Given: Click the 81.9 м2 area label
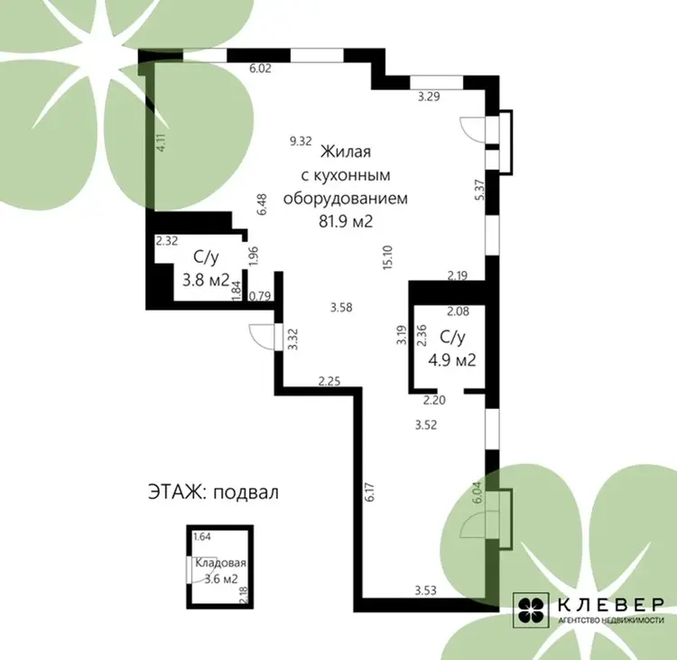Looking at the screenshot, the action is click(x=346, y=221).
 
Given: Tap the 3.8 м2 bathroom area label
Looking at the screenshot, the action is click(x=206, y=280).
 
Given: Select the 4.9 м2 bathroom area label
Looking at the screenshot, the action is click(x=451, y=359).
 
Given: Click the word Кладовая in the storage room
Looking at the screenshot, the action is click(x=220, y=563).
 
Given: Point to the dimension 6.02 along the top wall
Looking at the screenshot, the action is click(x=260, y=69).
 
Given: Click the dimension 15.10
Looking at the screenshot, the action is click(x=387, y=257).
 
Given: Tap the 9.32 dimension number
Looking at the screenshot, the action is click(x=301, y=141).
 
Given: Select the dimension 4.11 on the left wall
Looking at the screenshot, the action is click(x=161, y=142).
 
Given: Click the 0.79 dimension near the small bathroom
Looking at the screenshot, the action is click(x=260, y=296).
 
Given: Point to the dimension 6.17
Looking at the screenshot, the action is click(x=370, y=492).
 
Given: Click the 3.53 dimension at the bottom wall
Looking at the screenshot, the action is click(x=426, y=590).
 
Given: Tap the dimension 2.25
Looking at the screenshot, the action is click(x=329, y=381).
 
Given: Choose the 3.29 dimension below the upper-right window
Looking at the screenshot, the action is click(x=429, y=97).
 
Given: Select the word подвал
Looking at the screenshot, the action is click(x=246, y=493).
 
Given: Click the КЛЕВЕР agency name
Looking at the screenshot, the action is click(x=611, y=604).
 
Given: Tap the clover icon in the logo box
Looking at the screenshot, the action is click(x=531, y=610).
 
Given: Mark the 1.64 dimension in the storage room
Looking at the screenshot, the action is click(x=202, y=537).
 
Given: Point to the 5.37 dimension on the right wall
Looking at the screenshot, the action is click(x=479, y=190).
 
